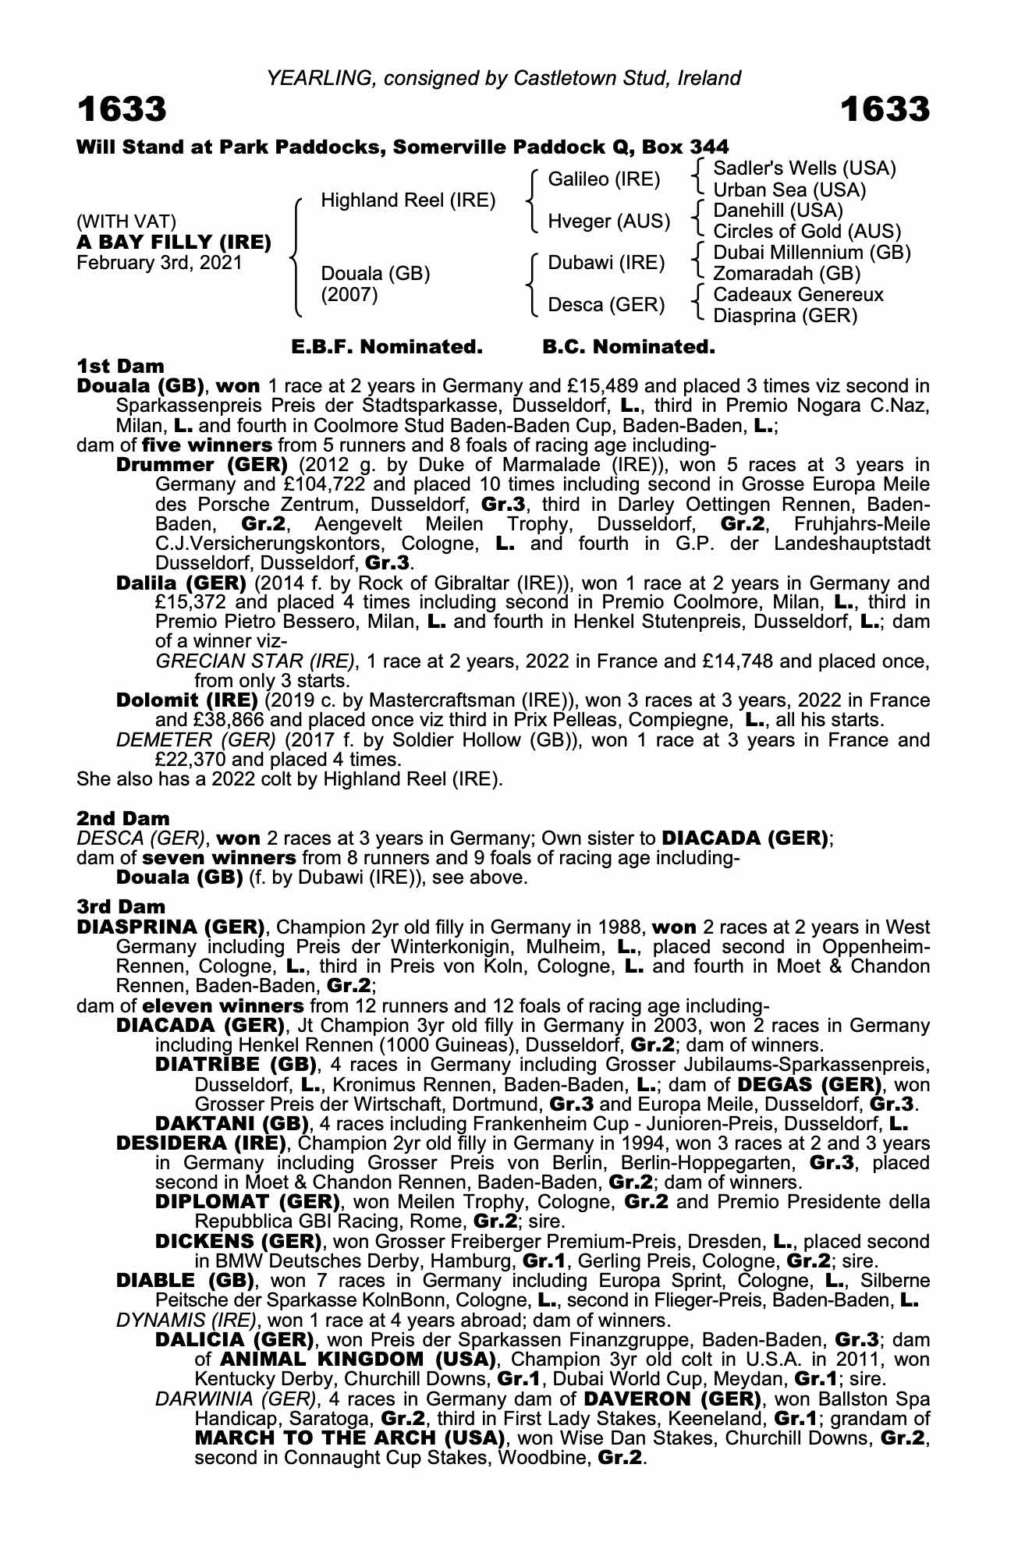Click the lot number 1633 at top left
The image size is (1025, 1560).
pyautogui.click(x=122, y=110)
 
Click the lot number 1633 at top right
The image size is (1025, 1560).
pyautogui.click(x=885, y=110)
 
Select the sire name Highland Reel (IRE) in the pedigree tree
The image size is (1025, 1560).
pyautogui.click(x=408, y=200)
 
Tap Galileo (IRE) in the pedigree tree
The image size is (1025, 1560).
pyautogui.click(x=604, y=179)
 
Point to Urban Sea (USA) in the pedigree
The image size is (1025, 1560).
pyautogui.click(x=789, y=190)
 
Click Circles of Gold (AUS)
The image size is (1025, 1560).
pyautogui.click(x=807, y=232)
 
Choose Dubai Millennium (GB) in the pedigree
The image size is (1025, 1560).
pyautogui.click(x=811, y=253)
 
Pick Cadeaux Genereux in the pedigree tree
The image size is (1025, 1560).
pyautogui.click(x=798, y=295)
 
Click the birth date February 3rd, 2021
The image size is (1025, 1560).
pyautogui.click(x=159, y=263)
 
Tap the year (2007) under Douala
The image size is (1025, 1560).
pyautogui.click(x=349, y=295)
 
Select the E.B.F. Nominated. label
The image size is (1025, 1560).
pyautogui.click(x=387, y=347)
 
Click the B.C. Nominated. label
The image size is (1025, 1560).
pyautogui.click(x=628, y=347)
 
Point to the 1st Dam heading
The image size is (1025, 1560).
pyautogui.click(x=120, y=366)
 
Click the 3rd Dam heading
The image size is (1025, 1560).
pyautogui.click(x=121, y=906)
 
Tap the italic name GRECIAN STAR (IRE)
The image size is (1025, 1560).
pyautogui.click(x=255, y=661)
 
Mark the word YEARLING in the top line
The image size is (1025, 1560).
pyautogui.click(x=307, y=78)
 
